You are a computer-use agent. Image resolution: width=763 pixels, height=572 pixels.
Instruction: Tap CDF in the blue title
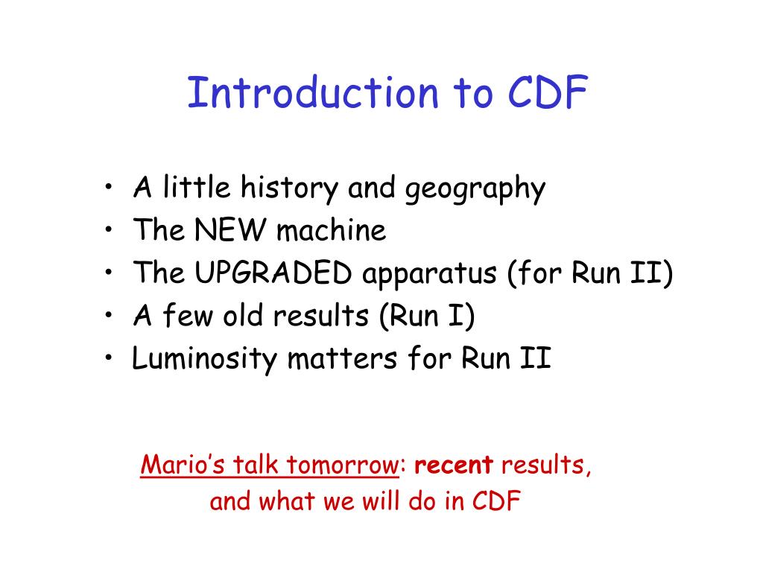coord(548,92)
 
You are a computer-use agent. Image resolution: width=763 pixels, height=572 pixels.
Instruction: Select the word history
coord(290,188)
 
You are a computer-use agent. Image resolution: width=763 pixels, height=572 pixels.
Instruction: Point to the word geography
coord(475,189)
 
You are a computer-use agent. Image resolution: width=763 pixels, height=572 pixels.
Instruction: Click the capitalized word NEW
coord(231,230)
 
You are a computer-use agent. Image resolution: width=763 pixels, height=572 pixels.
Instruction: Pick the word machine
coord(332,230)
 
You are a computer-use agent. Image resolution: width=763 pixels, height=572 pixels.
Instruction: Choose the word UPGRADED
coord(273,273)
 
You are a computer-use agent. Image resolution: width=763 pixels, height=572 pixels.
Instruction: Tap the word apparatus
coord(429,274)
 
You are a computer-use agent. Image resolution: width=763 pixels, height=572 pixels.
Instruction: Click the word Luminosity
coord(204,359)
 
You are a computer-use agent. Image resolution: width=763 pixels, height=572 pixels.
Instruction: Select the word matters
coord(342,359)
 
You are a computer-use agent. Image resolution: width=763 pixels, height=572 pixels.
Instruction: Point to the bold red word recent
coord(454,465)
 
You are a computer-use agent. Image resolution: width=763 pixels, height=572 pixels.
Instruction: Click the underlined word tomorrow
coord(343,465)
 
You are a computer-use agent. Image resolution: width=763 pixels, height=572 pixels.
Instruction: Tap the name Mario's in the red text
coord(183,465)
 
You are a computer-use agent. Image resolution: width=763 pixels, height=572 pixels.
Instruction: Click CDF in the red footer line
coord(496,500)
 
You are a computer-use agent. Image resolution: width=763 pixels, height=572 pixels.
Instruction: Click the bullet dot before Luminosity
coord(109,357)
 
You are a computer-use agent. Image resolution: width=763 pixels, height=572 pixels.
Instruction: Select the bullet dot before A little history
coord(109,186)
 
